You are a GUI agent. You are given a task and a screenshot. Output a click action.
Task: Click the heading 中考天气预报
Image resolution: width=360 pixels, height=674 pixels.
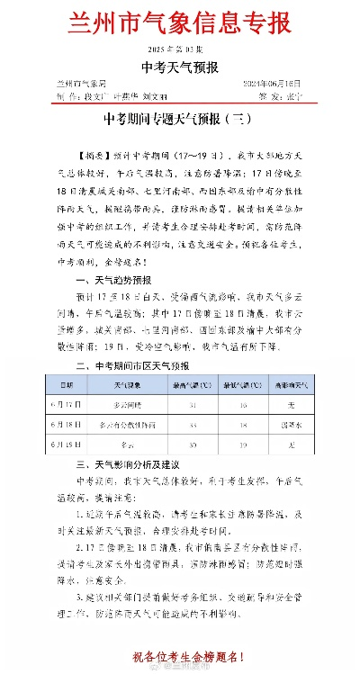pos(180,67)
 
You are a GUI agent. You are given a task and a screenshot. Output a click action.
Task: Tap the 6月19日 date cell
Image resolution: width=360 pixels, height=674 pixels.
pos(66,445)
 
